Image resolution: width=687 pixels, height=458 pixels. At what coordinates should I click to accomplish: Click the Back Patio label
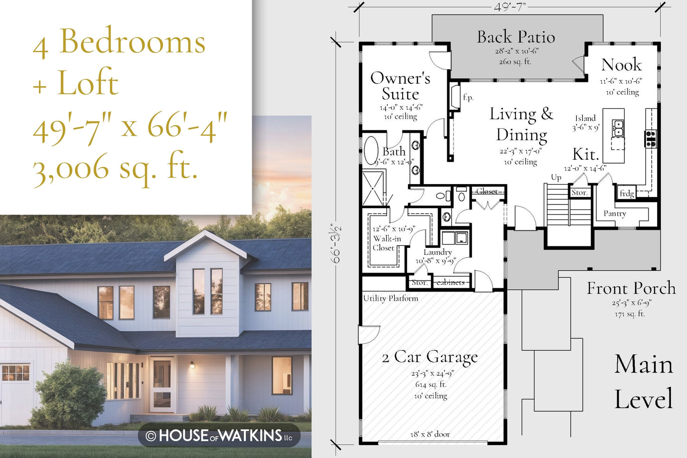tap(516, 37)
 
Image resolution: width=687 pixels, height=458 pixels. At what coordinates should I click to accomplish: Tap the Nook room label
tap(621, 65)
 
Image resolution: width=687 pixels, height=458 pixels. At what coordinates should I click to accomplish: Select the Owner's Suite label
tap(400, 86)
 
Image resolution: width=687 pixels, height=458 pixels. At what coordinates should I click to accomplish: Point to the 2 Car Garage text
tap(430, 357)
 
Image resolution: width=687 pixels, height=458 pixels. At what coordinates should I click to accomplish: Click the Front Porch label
tap(631, 288)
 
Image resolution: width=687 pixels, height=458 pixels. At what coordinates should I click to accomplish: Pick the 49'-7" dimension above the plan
tap(510, 7)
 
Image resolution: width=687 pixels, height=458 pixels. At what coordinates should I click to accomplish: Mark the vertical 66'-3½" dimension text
tap(336, 244)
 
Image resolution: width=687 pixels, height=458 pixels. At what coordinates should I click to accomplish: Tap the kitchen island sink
tap(618, 128)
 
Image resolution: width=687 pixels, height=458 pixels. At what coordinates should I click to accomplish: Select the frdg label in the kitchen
tap(627, 193)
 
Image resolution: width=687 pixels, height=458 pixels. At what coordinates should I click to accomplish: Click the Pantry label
tap(615, 214)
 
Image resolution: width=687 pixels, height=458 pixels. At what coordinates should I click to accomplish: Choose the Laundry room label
tap(438, 252)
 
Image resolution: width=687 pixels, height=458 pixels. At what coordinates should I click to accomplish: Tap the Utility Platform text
tap(390, 298)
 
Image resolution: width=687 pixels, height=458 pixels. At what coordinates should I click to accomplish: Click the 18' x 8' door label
tap(430, 434)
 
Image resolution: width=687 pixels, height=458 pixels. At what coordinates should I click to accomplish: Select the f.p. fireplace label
tap(468, 97)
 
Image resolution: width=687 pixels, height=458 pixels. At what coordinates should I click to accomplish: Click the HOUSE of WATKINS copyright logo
tap(219, 436)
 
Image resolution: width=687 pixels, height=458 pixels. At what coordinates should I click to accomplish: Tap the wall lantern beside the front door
tap(192, 365)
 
